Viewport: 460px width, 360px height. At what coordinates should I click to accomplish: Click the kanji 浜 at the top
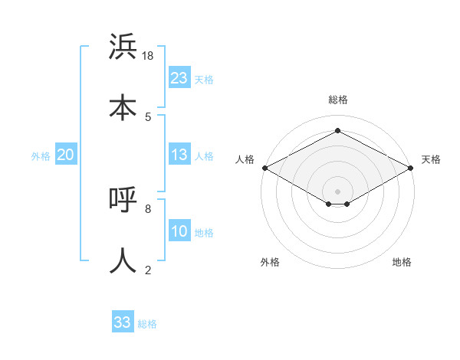point(123,47)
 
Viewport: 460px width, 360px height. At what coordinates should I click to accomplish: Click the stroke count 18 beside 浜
point(149,56)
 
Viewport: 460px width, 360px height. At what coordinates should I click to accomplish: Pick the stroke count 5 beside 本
point(148,116)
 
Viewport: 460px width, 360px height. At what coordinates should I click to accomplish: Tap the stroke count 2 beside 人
point(148,270)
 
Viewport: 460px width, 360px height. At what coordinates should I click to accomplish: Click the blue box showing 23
point(179,78)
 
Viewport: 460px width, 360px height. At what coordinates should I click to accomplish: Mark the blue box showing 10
point(179,231)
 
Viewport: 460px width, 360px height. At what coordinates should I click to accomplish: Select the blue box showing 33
point(123,322)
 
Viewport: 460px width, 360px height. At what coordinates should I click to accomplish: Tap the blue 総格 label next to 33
point(147,324)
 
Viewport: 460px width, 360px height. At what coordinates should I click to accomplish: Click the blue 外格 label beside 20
point(41,156)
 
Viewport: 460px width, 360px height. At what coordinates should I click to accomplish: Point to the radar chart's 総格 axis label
point(338,100)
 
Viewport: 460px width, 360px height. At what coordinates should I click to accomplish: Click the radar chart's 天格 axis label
point(431,159)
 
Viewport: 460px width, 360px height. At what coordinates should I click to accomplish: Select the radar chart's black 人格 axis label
point(245,159)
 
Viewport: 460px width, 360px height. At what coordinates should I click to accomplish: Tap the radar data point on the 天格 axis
point(412,168)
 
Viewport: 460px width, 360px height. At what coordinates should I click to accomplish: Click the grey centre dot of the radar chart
point(338,191)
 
